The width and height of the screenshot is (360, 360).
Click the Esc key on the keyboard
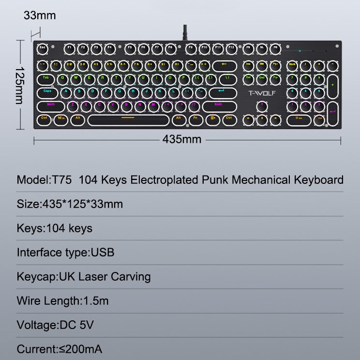click(x=42, y=48)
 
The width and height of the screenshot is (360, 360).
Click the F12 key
click(x=232, y=48)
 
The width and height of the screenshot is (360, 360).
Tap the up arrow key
click(x=262, y=104)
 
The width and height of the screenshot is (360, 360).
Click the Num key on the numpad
click(x=292, y=64)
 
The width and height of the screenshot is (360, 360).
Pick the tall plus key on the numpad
click(x=332, y=84)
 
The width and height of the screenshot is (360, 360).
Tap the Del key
click(x=248, y=77)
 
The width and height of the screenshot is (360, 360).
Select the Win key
click(x=61, y=118)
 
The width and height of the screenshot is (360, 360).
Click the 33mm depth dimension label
click(x=40, y=15)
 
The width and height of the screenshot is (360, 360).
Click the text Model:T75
click(x=45, y=180)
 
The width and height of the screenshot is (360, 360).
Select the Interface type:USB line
click(x=65, y=252)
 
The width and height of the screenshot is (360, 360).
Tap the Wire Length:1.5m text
click(x=63, y=300)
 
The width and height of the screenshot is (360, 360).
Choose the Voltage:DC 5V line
click(x=55, y=325)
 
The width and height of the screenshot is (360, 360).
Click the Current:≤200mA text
click(x=59, y=349)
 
